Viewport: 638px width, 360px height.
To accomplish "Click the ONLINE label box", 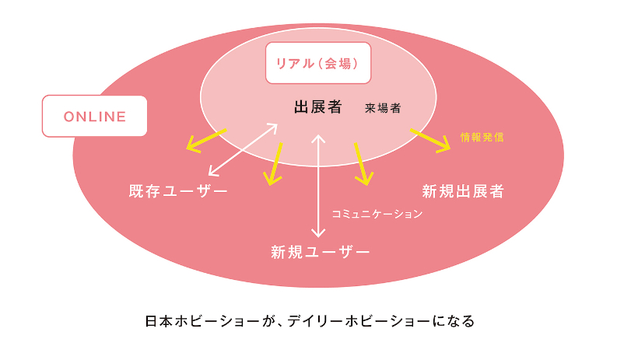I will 94,117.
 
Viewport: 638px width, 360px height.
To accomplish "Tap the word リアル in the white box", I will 292,64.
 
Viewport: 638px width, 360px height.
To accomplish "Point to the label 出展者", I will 317,107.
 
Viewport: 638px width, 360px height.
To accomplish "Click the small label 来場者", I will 383,109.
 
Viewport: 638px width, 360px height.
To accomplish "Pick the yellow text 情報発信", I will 482,137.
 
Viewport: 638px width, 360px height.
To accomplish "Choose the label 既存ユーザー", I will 178,191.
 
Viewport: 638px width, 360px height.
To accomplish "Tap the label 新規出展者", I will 463,191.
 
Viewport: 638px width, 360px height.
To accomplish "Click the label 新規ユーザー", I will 320,252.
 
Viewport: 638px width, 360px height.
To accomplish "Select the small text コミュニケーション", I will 377,213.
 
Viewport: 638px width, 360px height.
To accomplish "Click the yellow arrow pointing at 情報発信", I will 430,139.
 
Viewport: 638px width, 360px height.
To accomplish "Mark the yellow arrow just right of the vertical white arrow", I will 363,163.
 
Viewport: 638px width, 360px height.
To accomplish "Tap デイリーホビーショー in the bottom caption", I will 362,320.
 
